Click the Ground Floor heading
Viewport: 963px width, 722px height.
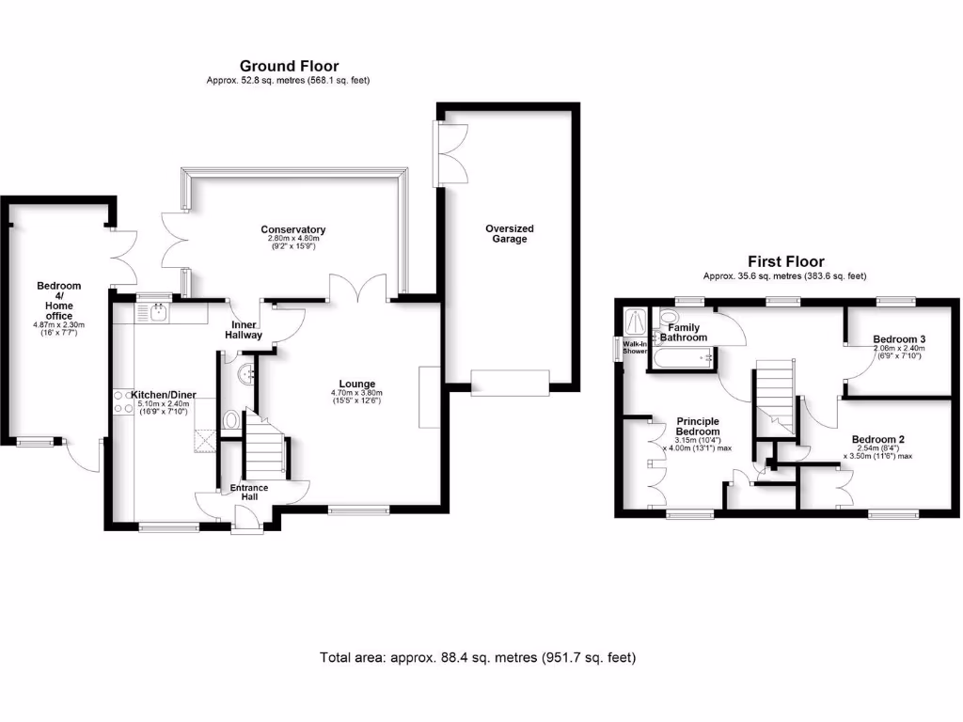click(289, 66)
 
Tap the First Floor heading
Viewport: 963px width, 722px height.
click(785, 262)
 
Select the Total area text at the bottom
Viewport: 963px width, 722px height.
click(478, 657)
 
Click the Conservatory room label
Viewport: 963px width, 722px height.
click(293, 229)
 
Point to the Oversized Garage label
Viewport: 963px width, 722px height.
click(510, 233)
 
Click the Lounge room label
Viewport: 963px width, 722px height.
click(357, 384)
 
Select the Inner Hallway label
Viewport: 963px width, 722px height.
click(243, 329)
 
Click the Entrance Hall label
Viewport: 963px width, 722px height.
click(249, 492)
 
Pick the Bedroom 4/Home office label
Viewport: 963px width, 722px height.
click(59, 301)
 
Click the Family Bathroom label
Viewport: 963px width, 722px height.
click(683, 332)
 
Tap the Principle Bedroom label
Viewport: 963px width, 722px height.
click(697, 426)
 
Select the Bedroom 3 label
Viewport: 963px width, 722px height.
click(899, 339)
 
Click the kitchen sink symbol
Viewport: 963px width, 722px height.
click(153, 309)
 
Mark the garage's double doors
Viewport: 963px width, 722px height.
click(452, 152)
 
